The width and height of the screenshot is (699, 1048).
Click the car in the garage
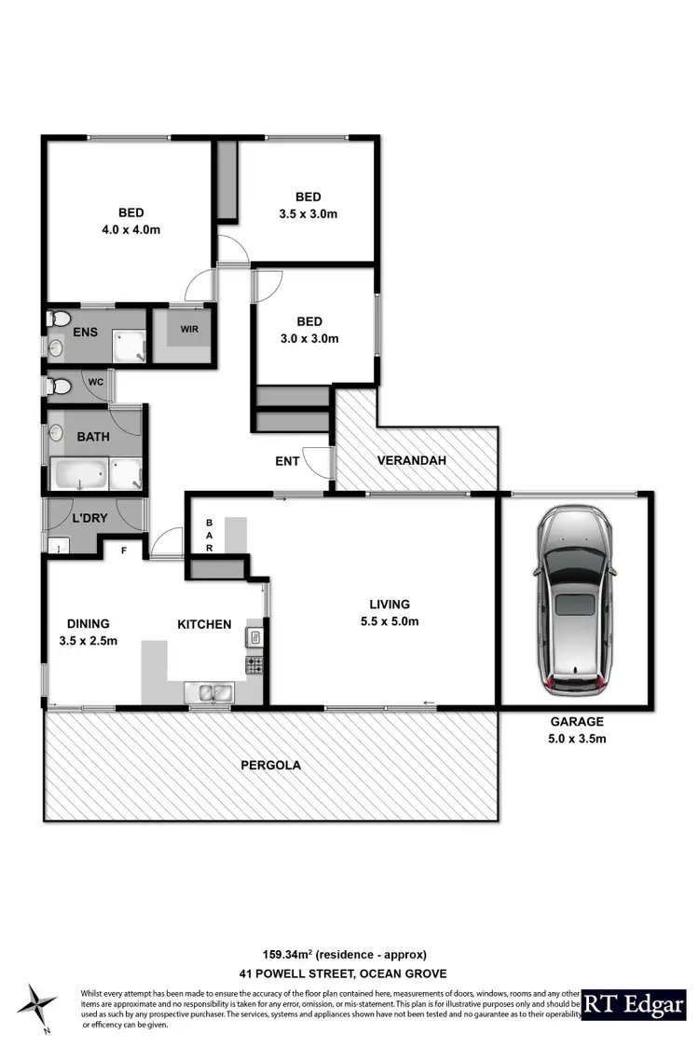point(573,601)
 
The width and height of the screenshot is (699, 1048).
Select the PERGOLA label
point(271,766)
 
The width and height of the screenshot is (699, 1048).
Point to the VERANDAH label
point(412,460)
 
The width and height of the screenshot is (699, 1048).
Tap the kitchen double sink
point(210,691)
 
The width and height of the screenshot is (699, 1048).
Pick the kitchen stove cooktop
point(254,665)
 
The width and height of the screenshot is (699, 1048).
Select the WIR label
point(189,329)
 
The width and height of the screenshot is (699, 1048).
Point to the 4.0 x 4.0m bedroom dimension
point(131,228)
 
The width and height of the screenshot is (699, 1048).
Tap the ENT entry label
point(287,461)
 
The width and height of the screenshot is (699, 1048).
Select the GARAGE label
point(576,721)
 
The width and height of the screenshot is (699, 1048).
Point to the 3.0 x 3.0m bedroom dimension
point(310,338)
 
